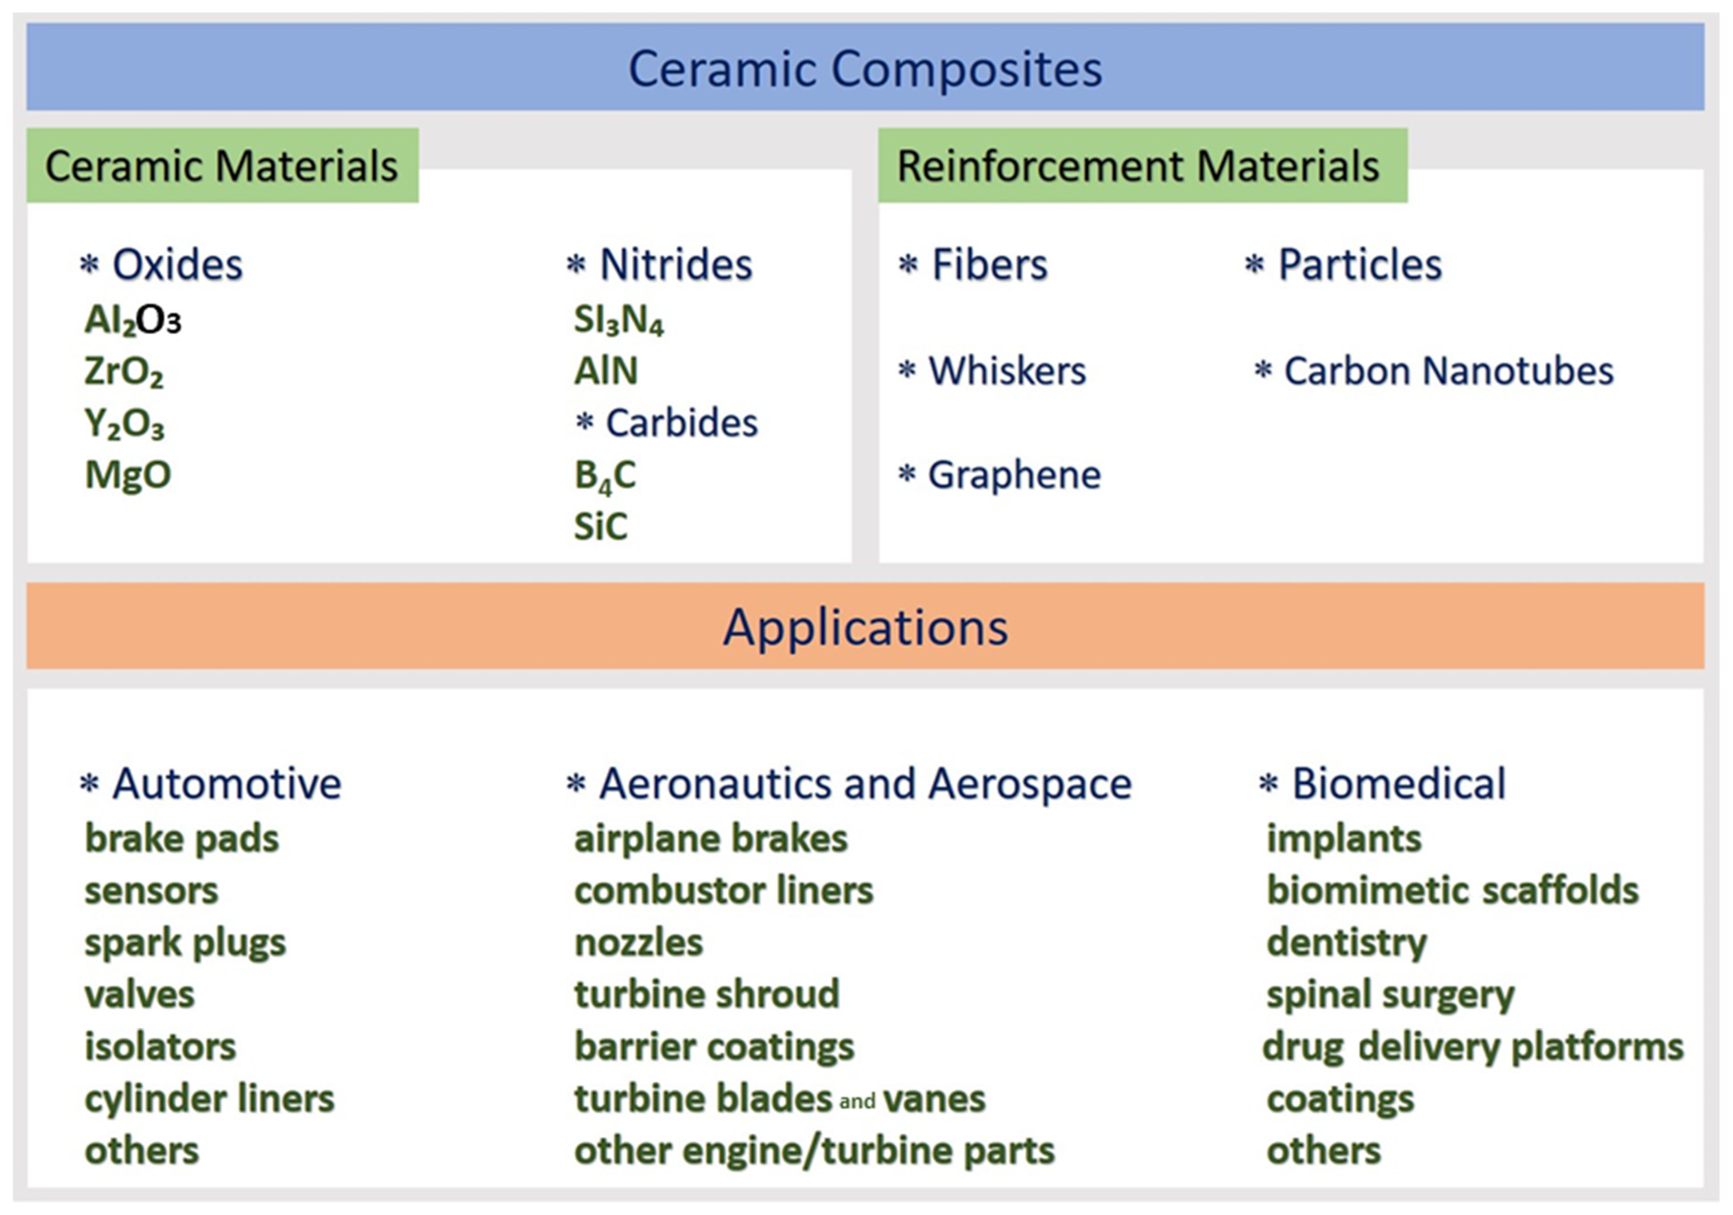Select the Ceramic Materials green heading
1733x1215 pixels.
tap(221, 166)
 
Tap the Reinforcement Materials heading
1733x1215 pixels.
tap(1138, 166)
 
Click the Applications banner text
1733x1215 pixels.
tap(865, 627)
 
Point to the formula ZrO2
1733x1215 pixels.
tap(124, 372)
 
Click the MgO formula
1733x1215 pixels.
tap(128, 475)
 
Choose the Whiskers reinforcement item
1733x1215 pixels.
tap(1007, 372)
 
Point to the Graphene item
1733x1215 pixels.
tap(1014, 475)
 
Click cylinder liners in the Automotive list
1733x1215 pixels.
tap(209, 1099)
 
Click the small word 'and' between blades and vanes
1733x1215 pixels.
tap(857, 1102)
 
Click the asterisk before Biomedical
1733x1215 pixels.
tap(1269, 785)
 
